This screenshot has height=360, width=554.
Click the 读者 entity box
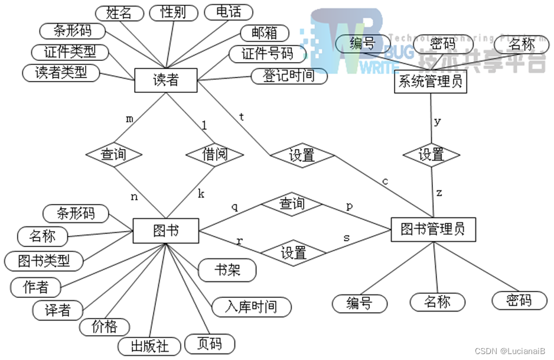(x=165, y=80)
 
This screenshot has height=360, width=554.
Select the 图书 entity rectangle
(x=166, y=231)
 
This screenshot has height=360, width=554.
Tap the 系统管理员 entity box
(x=430, y=82)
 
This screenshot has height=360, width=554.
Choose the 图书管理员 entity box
(x=433, y=229)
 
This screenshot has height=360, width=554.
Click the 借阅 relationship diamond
(x=215, y=155)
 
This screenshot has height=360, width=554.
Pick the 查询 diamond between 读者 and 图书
(x=114, y=155)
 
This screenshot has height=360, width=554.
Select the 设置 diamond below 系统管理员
(x=431, y=155)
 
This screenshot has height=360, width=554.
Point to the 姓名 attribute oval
(x=119, y=12)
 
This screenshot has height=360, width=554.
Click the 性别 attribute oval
(x=173, y=12)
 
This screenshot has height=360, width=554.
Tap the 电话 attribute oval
(x=228, y=12)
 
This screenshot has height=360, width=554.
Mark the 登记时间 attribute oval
(x=289, y=76)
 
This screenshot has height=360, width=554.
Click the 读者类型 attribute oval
(x=61, y=73)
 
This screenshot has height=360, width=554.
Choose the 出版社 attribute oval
(x=149, y=346)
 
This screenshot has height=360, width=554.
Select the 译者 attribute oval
(x=58, y=310)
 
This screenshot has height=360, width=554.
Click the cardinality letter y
(x=437, y=122)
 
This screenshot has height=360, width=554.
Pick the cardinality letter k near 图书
(x=201, y=193)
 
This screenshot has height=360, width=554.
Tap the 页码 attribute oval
(x=210, y=343)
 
